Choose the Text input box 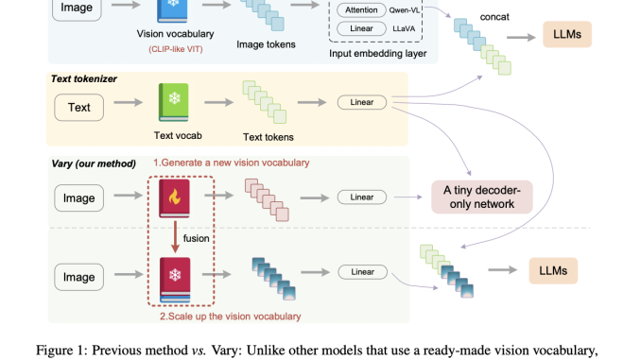point(79,107)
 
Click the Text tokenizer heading point(83,78)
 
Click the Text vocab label point(172,136)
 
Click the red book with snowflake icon point(173,278)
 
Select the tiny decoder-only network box point(481,197)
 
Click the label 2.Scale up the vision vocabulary point(231,316)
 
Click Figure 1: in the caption point(64,350)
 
